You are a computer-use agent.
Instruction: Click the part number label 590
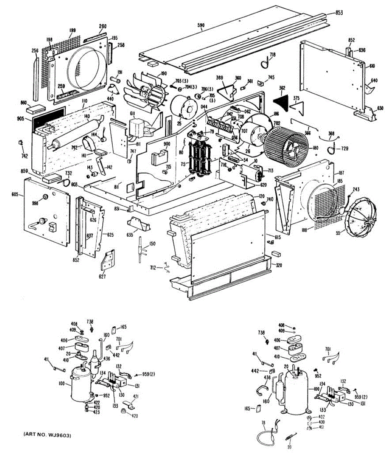201,26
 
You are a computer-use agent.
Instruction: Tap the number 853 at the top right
339,13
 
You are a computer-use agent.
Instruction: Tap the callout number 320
279,266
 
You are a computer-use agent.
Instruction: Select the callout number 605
15,194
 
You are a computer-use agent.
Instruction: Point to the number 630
380,108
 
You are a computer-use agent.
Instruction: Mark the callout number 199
73,30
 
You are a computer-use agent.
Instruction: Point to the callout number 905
20,119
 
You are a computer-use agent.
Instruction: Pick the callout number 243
356,189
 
